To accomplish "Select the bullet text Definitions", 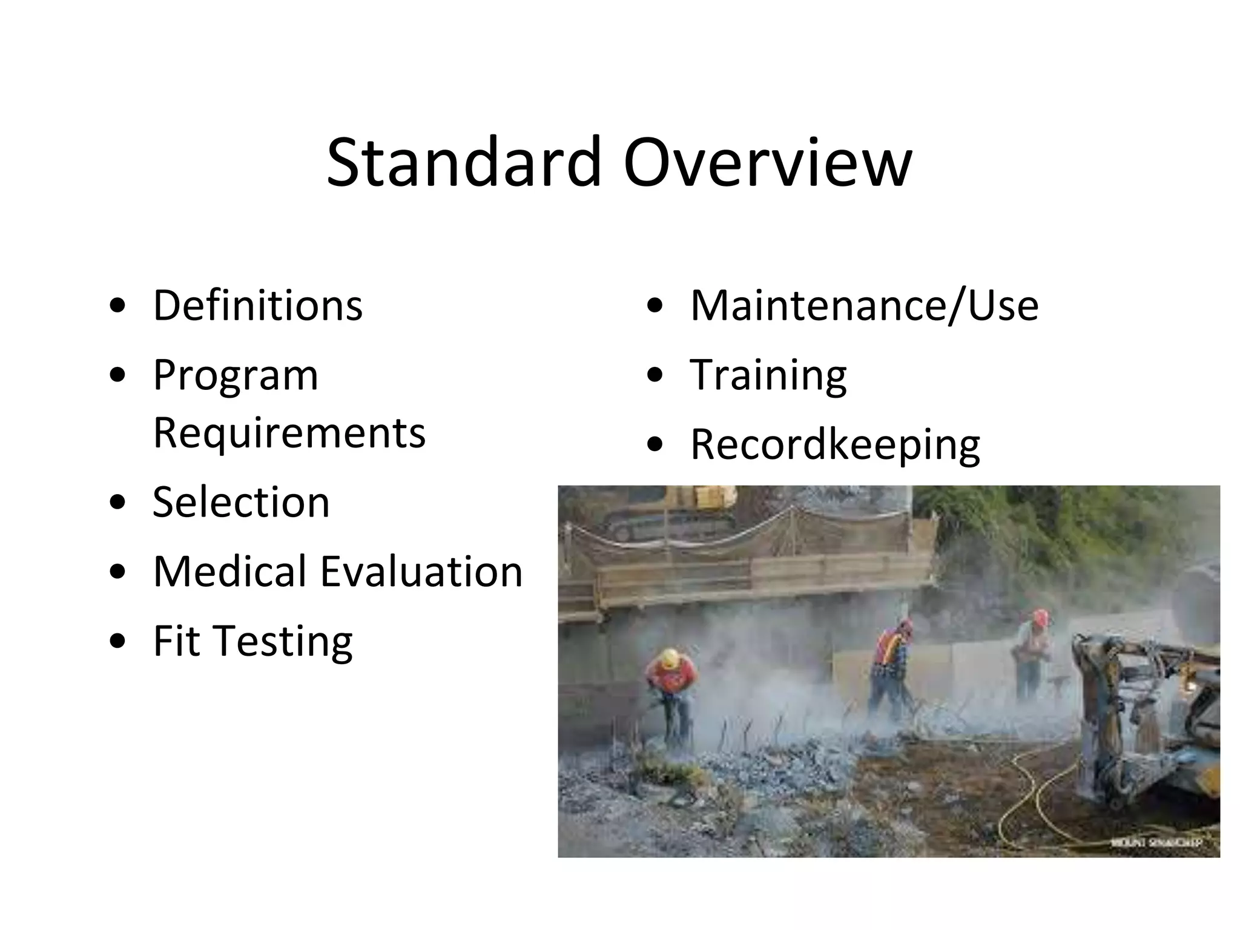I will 257,305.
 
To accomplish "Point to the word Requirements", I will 289,433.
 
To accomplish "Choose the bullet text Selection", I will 241,503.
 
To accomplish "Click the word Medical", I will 229,572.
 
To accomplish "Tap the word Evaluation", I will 421,572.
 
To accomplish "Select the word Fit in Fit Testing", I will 176,641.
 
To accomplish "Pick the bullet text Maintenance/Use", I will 864,305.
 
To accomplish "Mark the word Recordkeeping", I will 835,446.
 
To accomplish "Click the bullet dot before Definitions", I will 118,306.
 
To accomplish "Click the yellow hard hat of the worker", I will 670,658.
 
